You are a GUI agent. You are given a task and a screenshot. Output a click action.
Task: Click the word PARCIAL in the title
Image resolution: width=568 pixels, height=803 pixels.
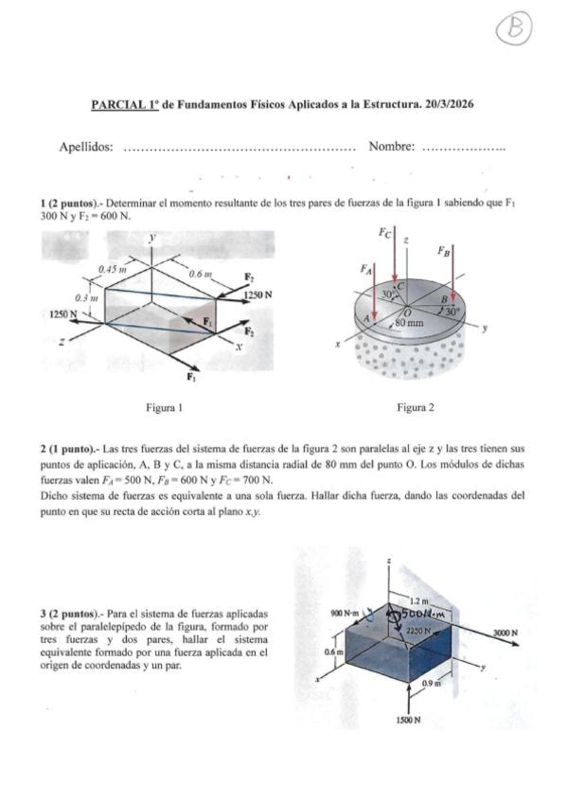pyautogui.click(x=118, y=104)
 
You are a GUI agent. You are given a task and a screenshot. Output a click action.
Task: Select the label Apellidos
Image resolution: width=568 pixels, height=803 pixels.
pyautogui.click(x=86, y=147)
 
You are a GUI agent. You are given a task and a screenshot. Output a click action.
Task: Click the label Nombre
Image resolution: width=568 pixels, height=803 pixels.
pyautogui.click(x=392, y=147)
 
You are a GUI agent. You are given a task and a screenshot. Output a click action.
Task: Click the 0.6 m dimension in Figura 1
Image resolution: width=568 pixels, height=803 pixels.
pyautogui.click(x=203, y=274)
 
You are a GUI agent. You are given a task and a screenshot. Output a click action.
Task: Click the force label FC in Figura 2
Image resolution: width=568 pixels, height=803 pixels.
pyautogui.click(x=385, y=231)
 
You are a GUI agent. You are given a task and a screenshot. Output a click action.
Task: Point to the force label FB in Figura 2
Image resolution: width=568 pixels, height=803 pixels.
pyautogui.click(x=445, y=251)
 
